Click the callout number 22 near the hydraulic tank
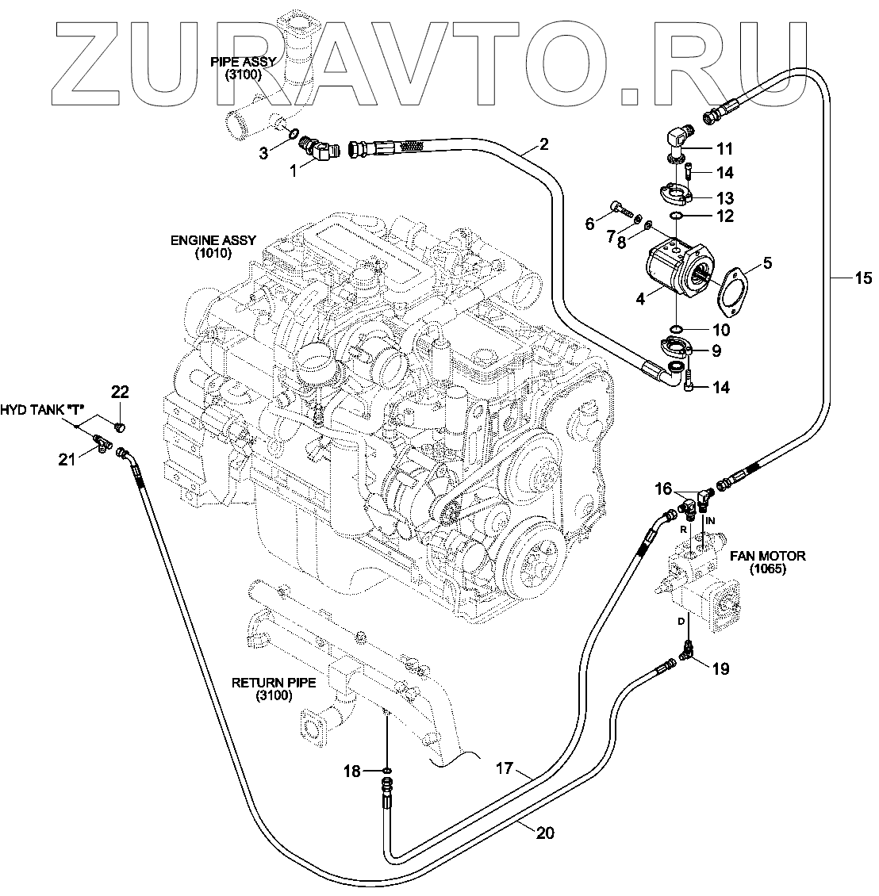tap(120, 391)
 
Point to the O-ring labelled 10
tap(674, 328)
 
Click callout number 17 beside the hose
tap(504, 768)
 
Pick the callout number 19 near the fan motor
tap(720, 668)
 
